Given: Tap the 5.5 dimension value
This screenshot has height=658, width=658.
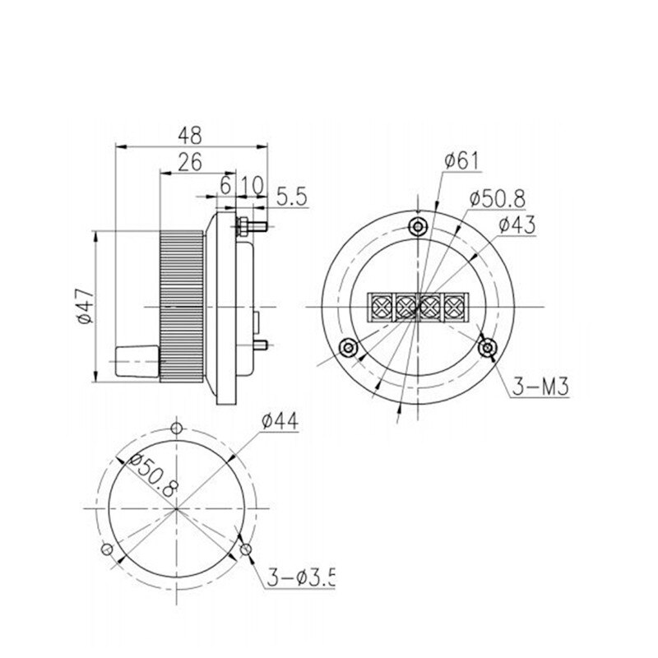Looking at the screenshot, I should coord(290,197).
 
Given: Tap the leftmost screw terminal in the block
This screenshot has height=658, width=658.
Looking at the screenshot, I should coord(382,307).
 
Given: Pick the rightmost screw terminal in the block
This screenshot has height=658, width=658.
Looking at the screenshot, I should coord(453,307).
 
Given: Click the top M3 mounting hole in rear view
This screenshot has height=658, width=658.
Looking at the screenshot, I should coord(419,225).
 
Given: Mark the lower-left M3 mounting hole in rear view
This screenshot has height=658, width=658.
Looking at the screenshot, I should coord(349,348).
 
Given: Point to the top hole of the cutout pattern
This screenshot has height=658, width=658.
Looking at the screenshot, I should coord(176,428).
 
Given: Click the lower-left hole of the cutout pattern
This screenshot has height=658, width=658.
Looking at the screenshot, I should coord(104,550).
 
